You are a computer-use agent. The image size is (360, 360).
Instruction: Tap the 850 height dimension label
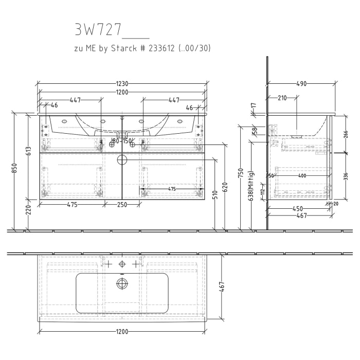click(15, 169)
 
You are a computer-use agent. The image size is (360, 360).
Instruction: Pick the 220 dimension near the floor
click(29, 209)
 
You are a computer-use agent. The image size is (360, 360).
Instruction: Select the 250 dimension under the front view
click(122, 205)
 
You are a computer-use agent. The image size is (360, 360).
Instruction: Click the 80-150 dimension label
click(122, 141)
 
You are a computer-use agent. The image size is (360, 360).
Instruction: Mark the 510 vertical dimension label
click(214, 195)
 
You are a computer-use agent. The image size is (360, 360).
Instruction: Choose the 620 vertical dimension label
click(225, 186)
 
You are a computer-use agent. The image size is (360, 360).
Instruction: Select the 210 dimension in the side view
click(282, 98)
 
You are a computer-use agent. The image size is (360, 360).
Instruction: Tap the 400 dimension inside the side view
click(302, 176)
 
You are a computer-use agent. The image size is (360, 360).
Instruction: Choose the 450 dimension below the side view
click(298, 209)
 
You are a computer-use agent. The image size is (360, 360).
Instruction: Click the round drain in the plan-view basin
click(122, 283)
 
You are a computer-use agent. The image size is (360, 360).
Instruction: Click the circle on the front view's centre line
click(122, 159)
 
